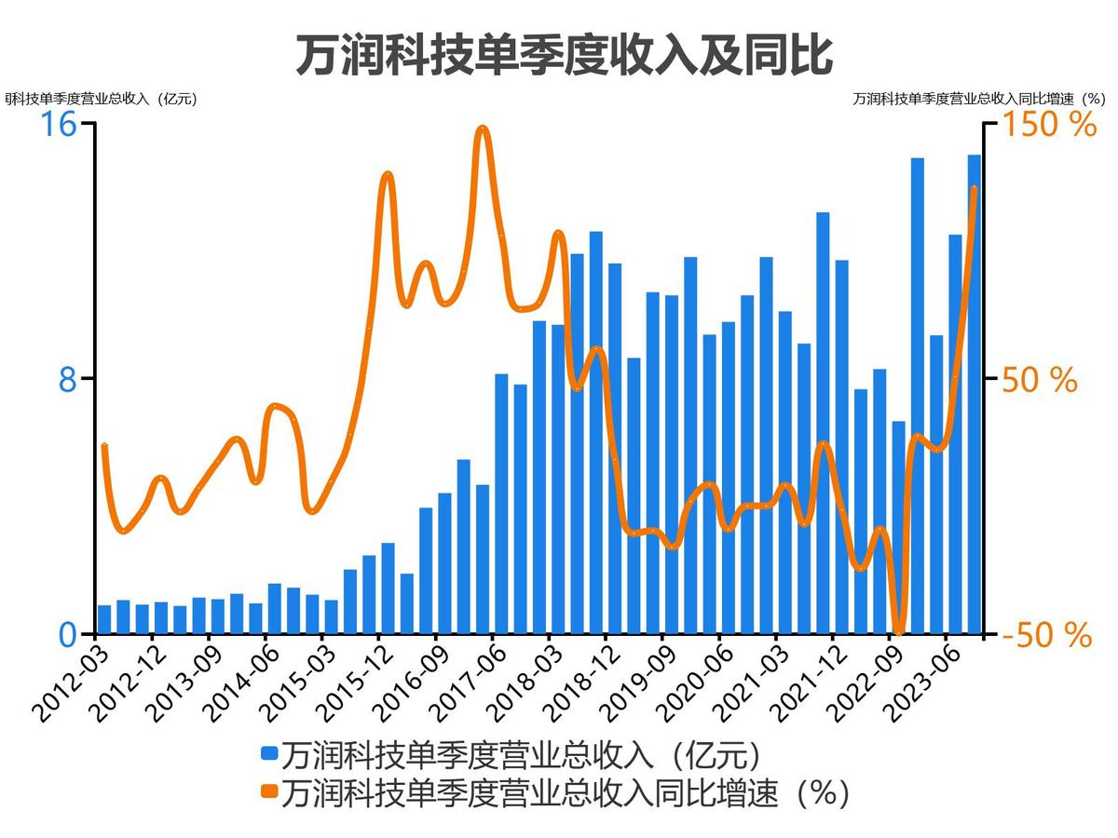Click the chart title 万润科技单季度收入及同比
pos(563,56)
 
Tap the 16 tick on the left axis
pos(56,124)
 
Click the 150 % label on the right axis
pos(1049,124)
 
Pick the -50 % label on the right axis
pos(1046,635)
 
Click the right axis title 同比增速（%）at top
pos(978,98)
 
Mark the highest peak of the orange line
pos(482,128)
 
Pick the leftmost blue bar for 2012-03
pos(104,619)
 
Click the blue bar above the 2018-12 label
pos(615,449)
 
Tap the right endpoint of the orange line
pos(975,189)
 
